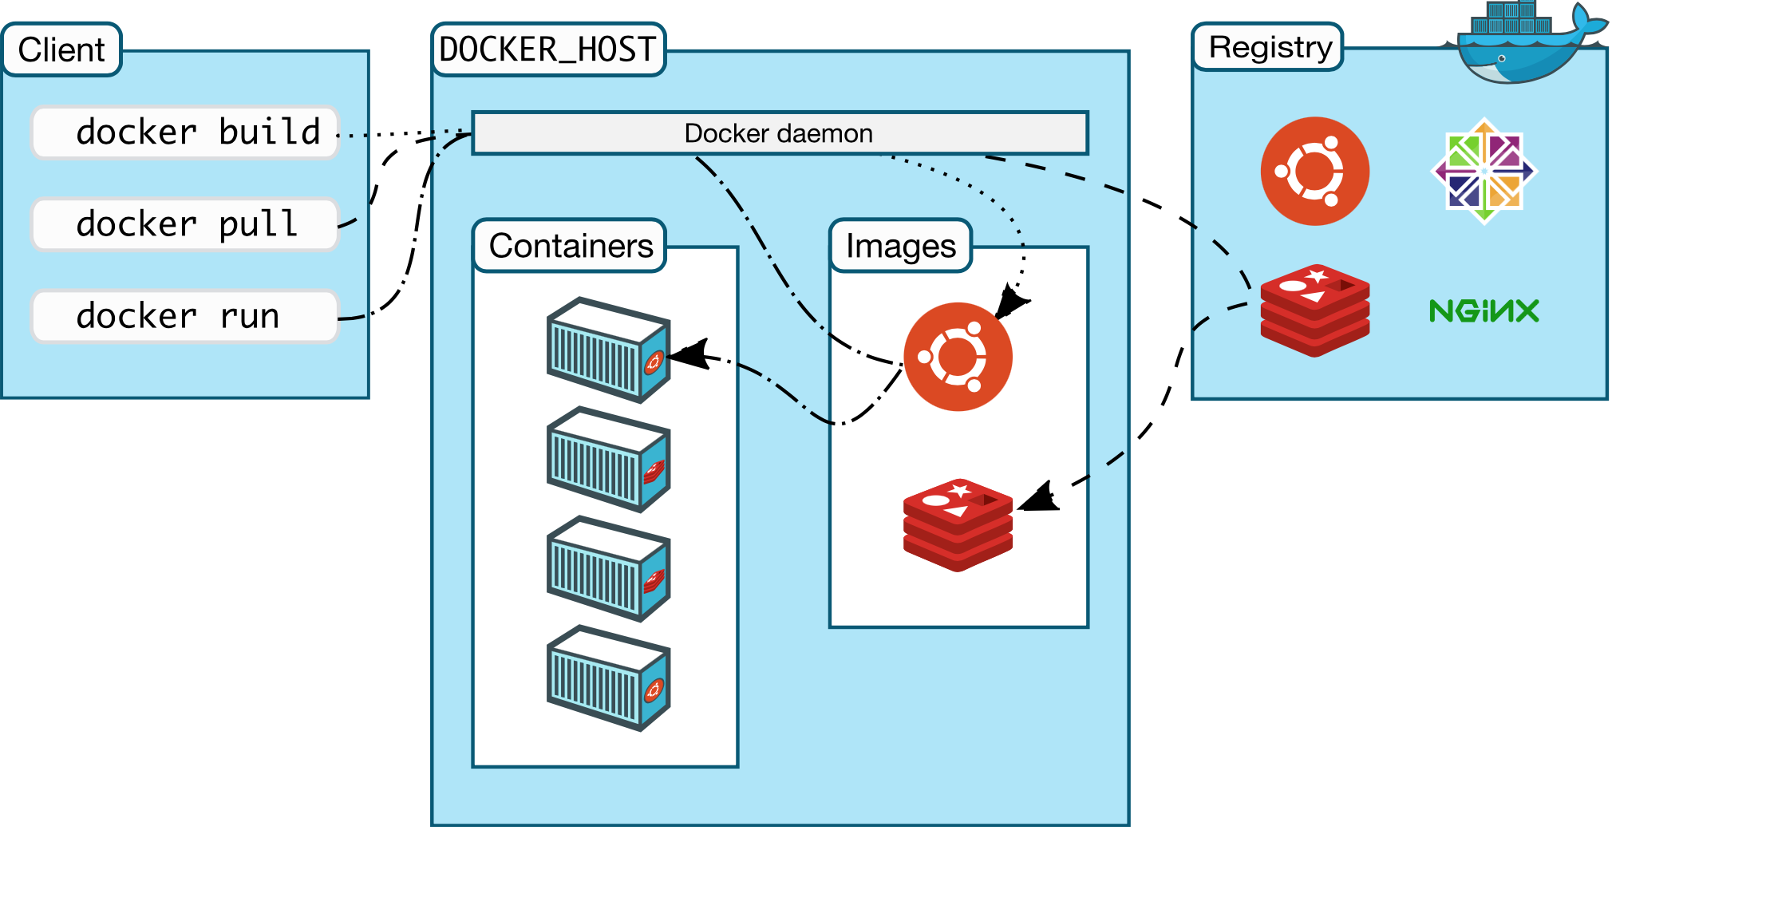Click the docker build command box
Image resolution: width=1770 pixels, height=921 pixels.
click(x=185, y=132)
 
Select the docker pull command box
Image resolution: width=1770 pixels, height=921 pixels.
click(x=185, y=224)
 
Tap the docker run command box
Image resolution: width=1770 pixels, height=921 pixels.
click(x=185, y=317)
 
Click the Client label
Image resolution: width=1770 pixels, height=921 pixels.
click(x=61, y=49)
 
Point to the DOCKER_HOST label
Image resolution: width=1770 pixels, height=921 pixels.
click(x=547, y=49)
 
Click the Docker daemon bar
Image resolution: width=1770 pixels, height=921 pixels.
click(x=779, y=133)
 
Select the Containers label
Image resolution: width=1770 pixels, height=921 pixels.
click(x=570, y=246)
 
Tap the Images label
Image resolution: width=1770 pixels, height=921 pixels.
click(x=900, y=246)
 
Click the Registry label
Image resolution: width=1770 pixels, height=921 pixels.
click(x=1269, y=47)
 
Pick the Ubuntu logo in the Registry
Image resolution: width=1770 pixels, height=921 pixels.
click(x=1314, y=172)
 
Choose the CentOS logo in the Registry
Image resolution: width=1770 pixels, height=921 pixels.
click(x=1484, y=171)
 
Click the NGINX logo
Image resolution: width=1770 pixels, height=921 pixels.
click(x=1484, y=310)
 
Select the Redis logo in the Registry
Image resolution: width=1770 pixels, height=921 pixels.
click(x=1314, y=310)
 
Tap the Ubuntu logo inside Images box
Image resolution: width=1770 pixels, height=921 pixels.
click(x=958, y=357)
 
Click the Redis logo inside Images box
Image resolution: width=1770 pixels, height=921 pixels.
click(x=958, y=524)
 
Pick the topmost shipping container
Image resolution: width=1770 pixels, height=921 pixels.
click(x=608, y=350)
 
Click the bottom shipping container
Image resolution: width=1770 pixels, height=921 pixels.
click(x=608, y=678)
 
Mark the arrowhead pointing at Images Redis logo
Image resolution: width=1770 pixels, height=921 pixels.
click(x=1040, y=499)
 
